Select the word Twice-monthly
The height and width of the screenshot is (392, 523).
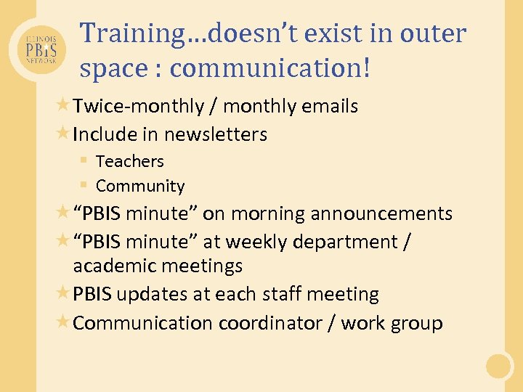138,107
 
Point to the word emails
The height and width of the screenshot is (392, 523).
331,107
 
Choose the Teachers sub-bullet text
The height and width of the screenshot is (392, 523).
129,161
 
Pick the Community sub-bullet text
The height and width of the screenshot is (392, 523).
140,186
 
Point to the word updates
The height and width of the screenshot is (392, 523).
148,294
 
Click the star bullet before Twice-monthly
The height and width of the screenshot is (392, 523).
63,106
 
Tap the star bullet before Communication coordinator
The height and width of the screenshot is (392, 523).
63,322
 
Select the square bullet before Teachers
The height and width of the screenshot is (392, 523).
84,160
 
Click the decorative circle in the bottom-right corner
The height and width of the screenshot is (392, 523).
500,365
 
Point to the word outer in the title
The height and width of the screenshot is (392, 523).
431,33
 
